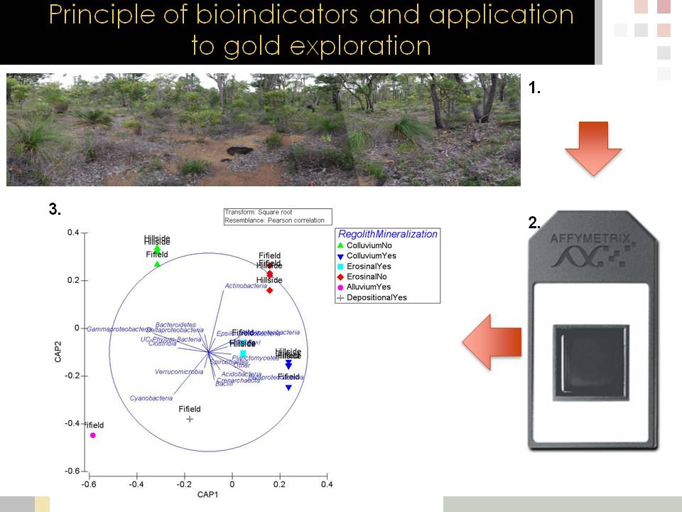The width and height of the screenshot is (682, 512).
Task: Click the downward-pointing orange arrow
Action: [593, 147]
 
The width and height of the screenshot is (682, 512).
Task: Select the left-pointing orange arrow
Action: [492, 343]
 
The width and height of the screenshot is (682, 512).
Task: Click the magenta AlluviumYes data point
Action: [93, 435]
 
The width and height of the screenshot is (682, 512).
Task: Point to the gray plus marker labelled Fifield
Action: [190, 420]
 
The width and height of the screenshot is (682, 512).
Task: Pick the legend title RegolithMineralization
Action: [388, 234]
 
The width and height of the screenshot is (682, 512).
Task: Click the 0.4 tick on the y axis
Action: [72, 233]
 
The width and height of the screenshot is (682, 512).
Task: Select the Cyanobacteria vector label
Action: [151, 398]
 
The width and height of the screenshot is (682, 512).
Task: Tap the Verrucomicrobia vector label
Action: [179, 371]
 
